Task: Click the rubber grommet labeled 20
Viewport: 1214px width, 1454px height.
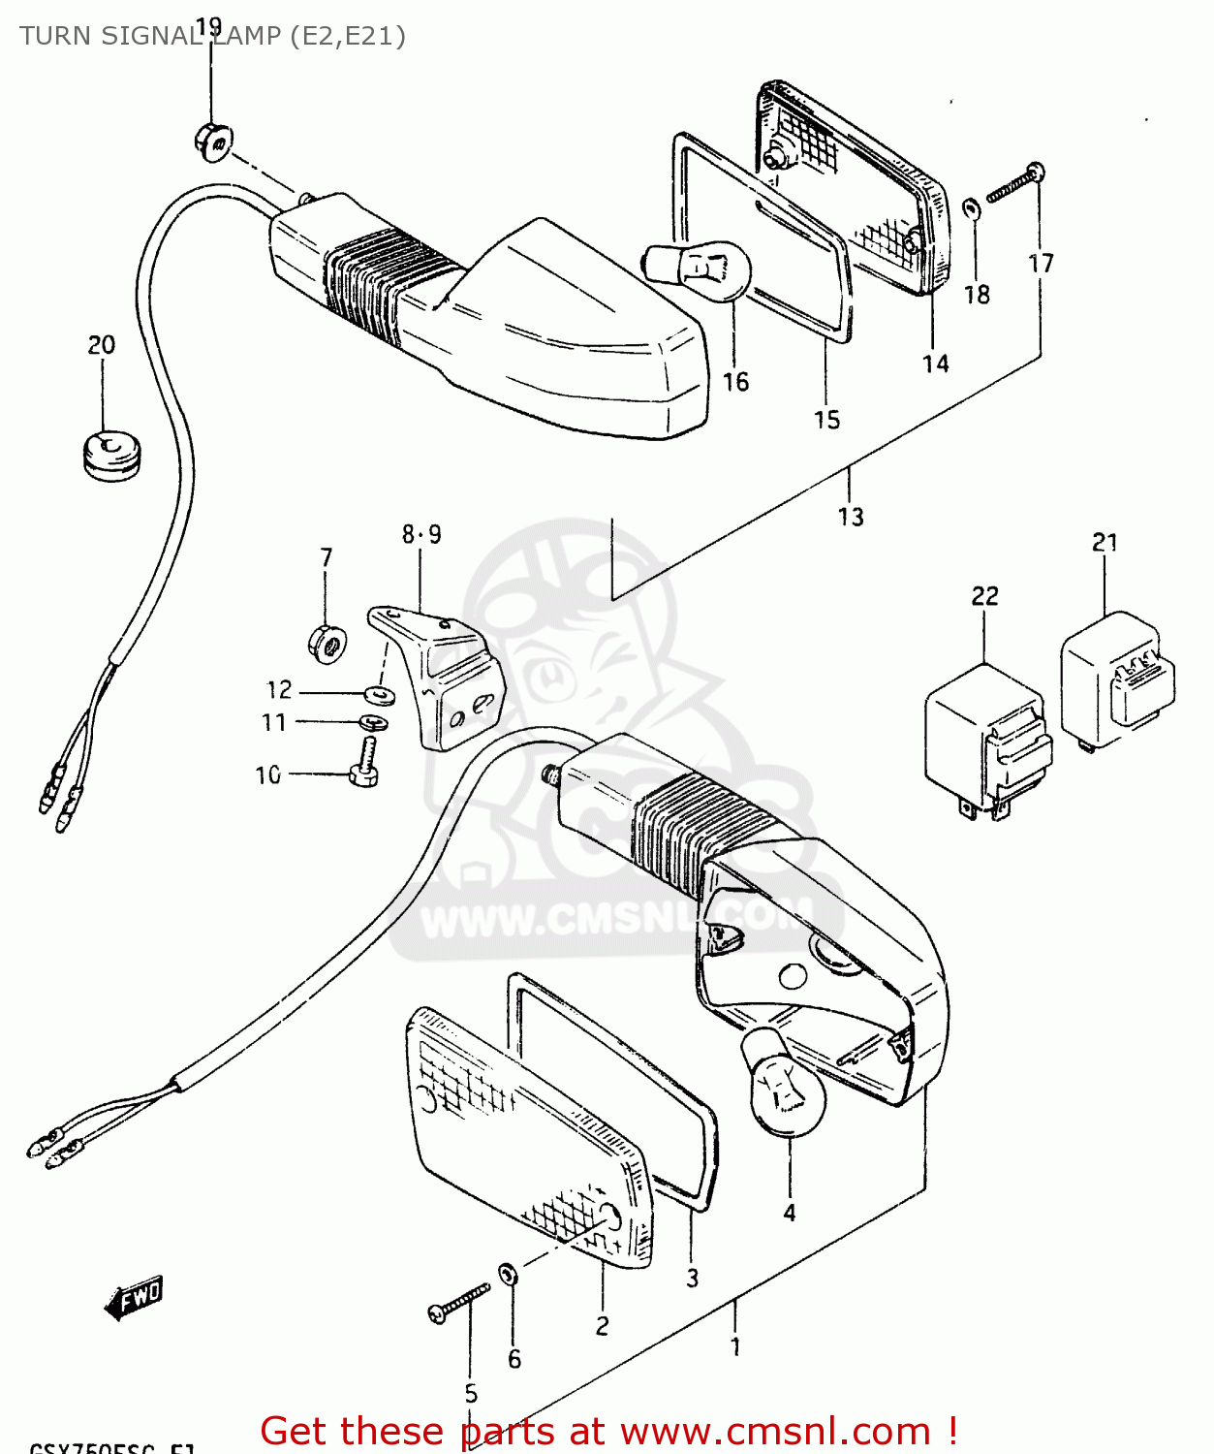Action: point(111,454)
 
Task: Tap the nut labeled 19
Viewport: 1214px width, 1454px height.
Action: point(212,142)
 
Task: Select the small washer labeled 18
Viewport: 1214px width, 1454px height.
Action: point(970,207)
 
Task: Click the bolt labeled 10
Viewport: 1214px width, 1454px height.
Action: point(364,763)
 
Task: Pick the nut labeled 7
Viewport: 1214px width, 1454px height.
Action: point(327,644)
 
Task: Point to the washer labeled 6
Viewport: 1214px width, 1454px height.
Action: point(508,1272)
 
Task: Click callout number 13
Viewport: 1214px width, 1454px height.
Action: point(851,517)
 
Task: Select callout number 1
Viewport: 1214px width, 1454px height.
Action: point(735,1346)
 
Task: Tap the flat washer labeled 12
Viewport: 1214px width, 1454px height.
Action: point(379,694)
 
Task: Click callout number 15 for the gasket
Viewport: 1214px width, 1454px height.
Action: point(826,420)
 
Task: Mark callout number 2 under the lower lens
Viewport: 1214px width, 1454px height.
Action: point(602,1325)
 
